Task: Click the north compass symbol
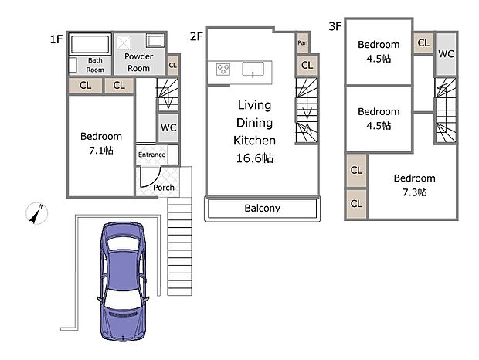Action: [x=36, y=213]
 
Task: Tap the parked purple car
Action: [x=123, y=281]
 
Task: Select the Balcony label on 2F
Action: [x=262, y=209]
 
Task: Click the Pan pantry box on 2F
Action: [x=303, y=42]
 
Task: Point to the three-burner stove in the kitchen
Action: [x=223, y=69]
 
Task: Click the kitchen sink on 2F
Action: [x=253, y=70]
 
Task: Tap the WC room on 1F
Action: [x=168, y=127]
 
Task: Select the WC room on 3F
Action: [x=446, y=54]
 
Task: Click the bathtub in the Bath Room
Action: [x=90, y=45]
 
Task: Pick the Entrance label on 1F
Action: [x=151, y=155]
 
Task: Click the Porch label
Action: [x=164, y=188]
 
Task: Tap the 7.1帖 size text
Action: [x=101, y=150]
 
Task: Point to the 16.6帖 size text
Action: [x=255, y=158]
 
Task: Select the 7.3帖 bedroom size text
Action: [x=414, y=192]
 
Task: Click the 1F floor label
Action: [x=56, y=39]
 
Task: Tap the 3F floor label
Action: [x=335, y=26]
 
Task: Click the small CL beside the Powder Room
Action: [x=172, y=65]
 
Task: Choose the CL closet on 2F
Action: [x=307, y=65]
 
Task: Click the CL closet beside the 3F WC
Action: [x=423, y=42]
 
